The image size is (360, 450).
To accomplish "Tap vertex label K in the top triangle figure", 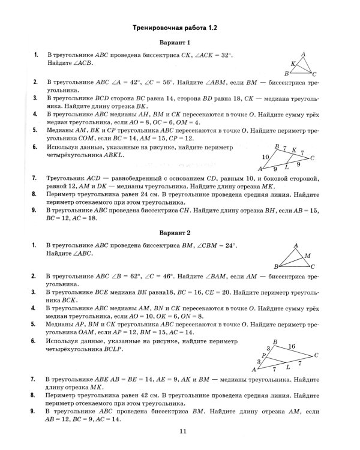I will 293,63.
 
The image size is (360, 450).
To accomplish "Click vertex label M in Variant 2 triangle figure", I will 308,255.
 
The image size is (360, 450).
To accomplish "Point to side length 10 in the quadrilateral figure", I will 265,157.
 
